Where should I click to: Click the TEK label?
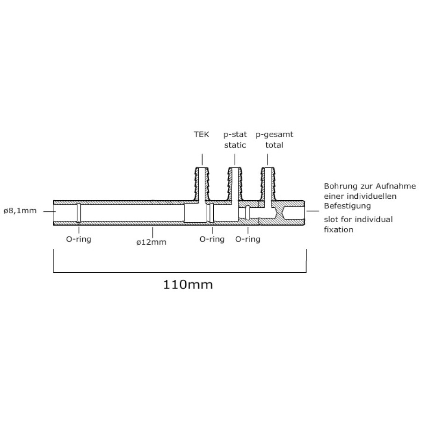click(x=201, y=134)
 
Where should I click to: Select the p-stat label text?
click(x=235, y=135)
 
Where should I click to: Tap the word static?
click(x=235, y=145)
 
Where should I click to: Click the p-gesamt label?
click(x=274, y=135)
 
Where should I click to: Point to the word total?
click(x=274, y=145)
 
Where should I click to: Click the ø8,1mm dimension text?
click(x=20, y=211)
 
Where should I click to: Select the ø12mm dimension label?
click(x=151, y=242)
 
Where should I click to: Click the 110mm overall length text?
click(x=188, y=284)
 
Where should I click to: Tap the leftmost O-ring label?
click(x=79, y=239)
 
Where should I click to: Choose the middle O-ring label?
click(x=212, y=239)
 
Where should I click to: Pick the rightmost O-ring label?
click(x=247, y=239)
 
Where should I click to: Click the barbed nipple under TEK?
click(x=202, y=184)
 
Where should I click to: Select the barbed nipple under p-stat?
click(x=235, y=184)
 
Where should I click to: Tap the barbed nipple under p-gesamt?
click(x=268, y=184)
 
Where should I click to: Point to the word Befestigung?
click(x=347, y=206)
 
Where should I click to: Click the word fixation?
click(x=339, y=230)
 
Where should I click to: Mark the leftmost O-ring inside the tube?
click(x=79, y=213)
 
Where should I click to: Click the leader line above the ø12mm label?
click(x=153, y=232)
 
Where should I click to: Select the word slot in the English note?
click(x=331, y=220)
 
